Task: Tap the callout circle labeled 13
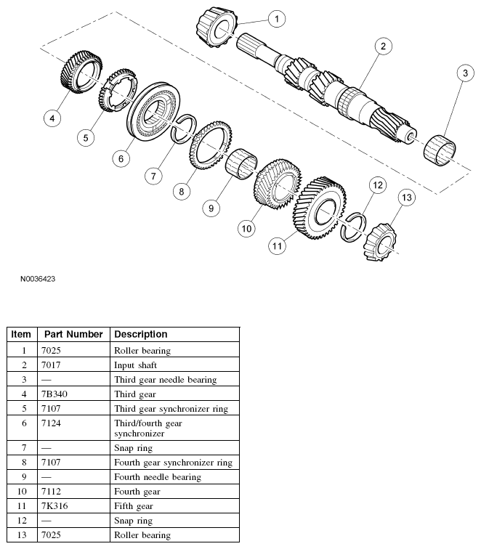(x=406, y=198)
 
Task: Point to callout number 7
(x=153, y=176)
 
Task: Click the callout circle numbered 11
(x=277, y=247)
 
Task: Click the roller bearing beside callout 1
(x=215, y=27)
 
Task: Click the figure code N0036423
(x=33, y=277)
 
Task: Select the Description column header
(x=141, y=334)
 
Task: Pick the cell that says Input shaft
(x=135, y=365)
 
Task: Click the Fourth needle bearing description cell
(x=158, y=476)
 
